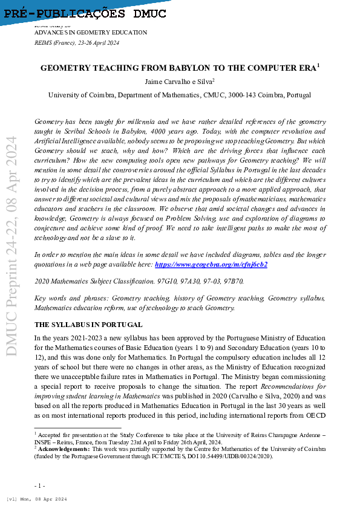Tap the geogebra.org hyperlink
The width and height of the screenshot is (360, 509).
pyautogui.click(x=211, y=264)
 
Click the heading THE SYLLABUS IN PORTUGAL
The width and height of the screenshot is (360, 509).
pyautogui.click(x=88, y=325)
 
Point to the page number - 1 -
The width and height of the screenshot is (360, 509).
pyautogui.click(x=40, y=485)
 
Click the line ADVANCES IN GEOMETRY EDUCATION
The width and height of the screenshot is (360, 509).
pyautogui.click(x=91, y=33)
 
